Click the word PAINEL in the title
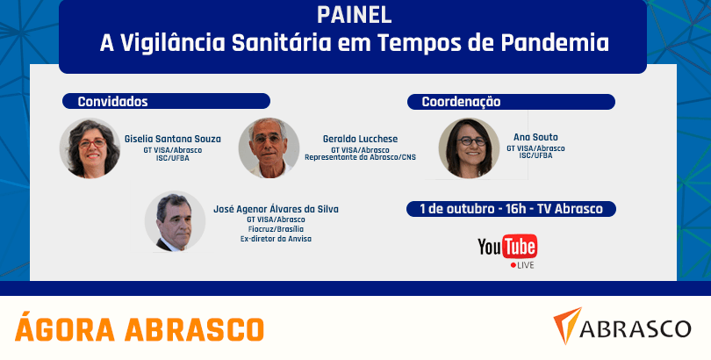(354, 16)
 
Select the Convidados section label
(112, 102)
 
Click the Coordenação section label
(461, 102)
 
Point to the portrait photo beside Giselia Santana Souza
(90, 148)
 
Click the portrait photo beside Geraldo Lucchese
(269, 148)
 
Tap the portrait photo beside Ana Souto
(469, 148)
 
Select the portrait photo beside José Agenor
(175, 221)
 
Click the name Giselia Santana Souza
(173, 140)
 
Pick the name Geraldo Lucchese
(360, 140)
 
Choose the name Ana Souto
(535, 137)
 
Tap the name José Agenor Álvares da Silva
(276, 209)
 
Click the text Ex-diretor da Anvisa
(276, 239)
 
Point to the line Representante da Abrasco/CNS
(360, 157)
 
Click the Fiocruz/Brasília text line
(276, 229)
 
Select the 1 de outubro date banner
(511, 209)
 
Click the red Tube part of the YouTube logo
(520, 247)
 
